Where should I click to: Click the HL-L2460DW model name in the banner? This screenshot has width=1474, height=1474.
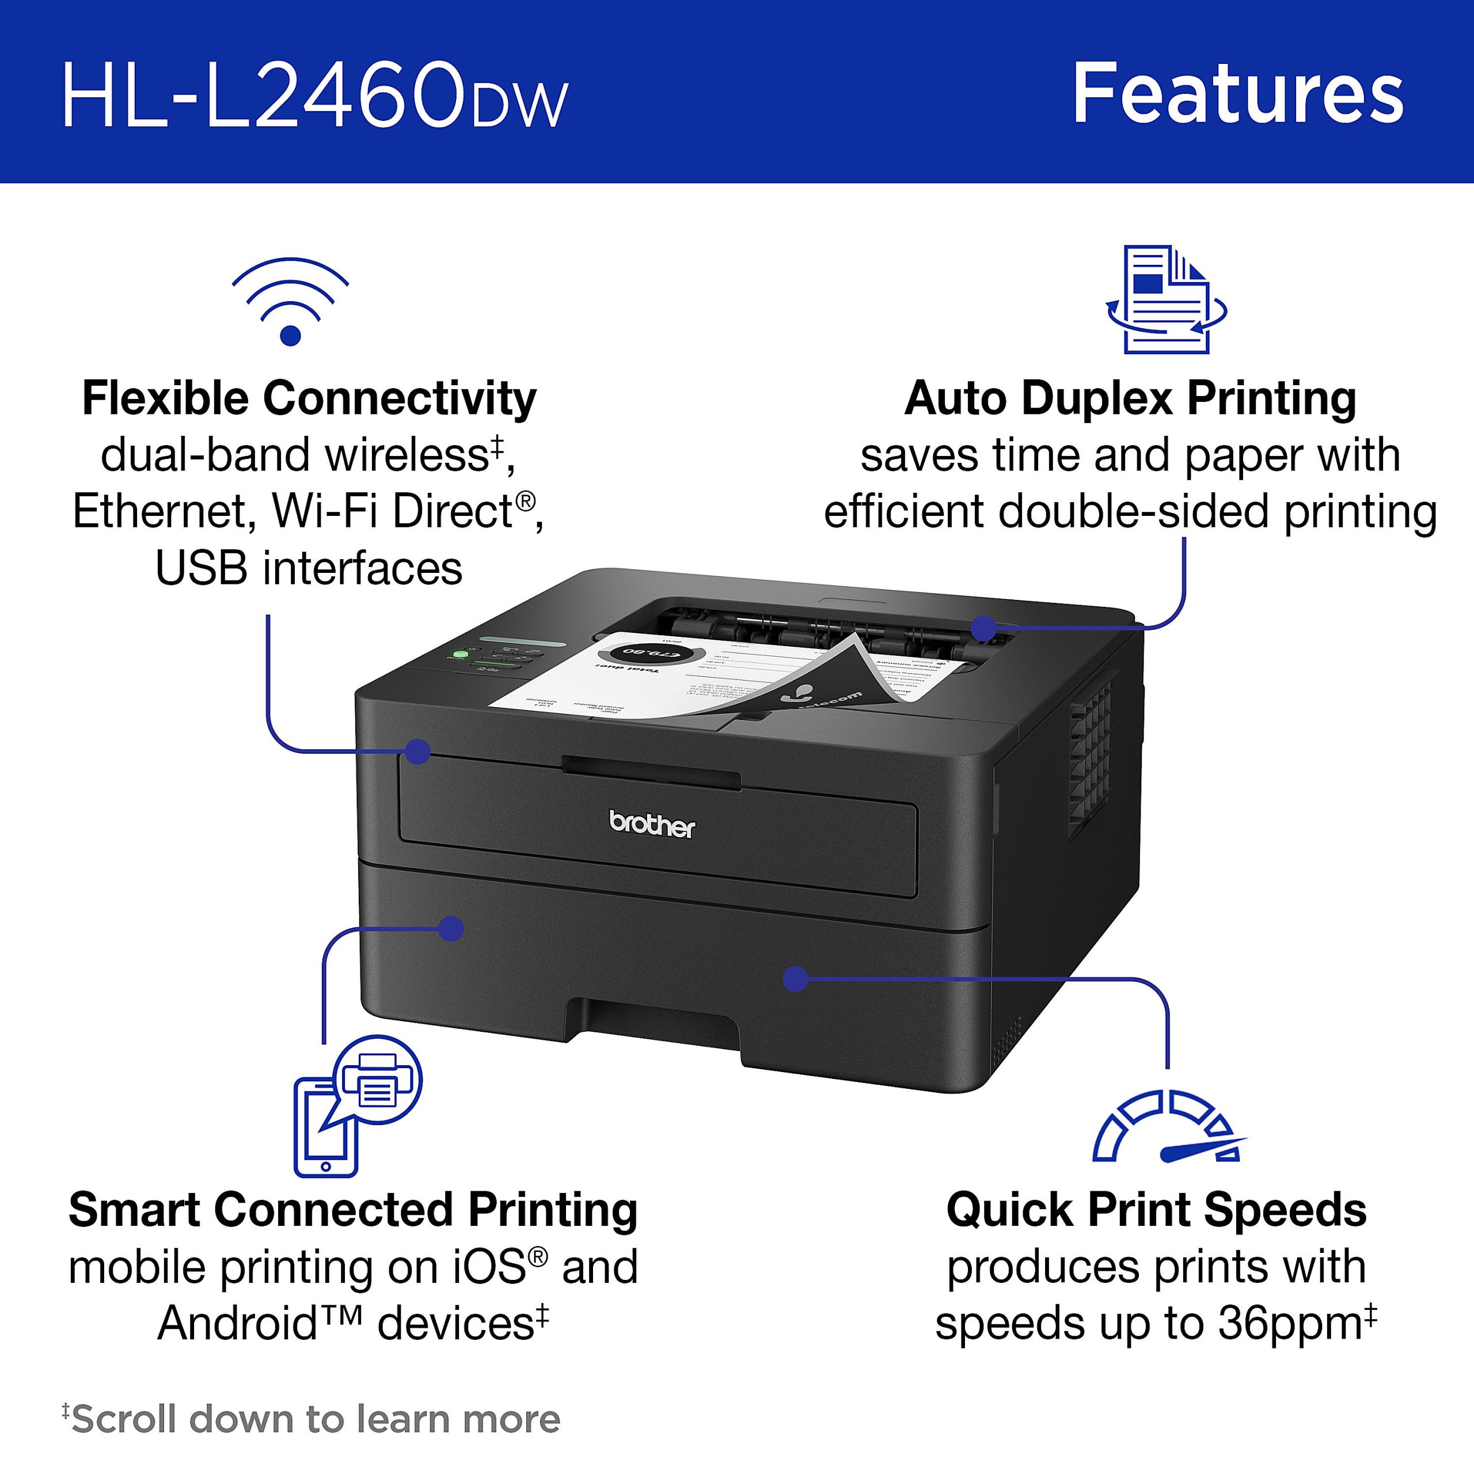point(314,97)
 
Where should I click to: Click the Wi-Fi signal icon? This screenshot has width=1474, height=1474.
point(290,303)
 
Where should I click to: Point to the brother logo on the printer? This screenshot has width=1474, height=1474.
point(652,825)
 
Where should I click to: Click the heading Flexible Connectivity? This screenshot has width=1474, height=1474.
point(309,398)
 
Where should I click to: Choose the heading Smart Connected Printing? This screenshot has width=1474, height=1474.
point(352,1210)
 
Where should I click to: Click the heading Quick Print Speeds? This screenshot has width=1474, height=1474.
point(1156,1210)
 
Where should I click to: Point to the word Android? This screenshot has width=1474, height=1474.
point(237,1324)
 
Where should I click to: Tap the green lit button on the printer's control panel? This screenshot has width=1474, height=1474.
point(460,654)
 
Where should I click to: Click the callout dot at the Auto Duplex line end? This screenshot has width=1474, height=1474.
point(984,628)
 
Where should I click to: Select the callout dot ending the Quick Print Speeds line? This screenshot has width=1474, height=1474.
point(796,978)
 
